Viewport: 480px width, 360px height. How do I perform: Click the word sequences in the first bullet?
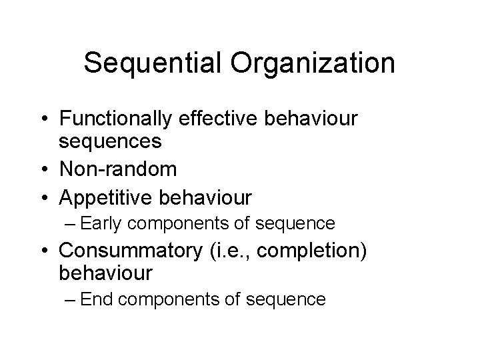tap(110, 142)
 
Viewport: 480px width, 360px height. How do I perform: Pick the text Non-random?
tap(118, 169)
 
